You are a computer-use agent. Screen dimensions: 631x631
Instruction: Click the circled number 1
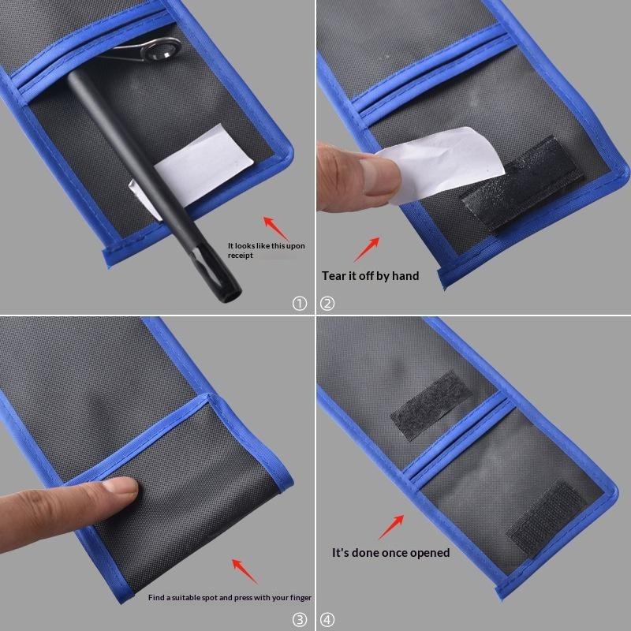pos(300,303)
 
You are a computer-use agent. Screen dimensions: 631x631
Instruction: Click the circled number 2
pos(327,303)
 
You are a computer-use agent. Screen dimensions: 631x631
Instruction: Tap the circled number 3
pos(300,620)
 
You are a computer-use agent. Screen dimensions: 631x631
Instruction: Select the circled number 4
pos(327,620)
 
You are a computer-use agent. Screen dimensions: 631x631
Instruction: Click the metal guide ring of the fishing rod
pos(161,49)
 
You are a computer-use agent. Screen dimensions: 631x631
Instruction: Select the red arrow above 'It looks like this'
pos(275,228)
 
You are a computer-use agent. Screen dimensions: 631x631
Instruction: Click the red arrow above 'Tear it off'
pos(367,249)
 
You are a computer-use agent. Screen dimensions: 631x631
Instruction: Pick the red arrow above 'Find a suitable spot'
pos(245,571)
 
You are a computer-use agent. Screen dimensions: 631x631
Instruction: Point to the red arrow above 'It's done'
pos(391,526)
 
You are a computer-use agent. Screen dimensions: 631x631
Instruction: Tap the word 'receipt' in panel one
pos(241,256)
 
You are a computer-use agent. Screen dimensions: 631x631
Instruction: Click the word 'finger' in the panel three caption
pos(301,598)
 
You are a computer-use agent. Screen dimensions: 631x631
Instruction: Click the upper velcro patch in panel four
pos(431,405)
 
